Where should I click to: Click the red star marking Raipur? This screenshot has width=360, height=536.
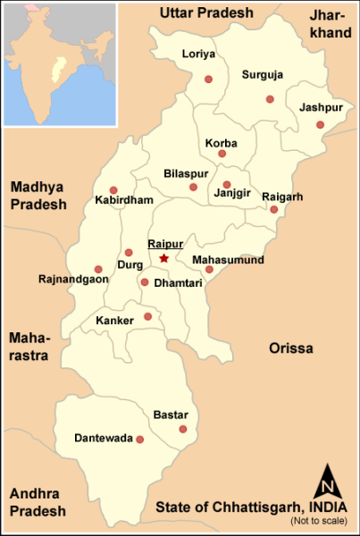[x=163, y=259]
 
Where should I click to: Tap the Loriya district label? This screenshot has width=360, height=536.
[x=198, y=54]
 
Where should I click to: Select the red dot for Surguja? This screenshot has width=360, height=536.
[x=270, y=98]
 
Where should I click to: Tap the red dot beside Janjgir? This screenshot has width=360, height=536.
[x=227, y=185]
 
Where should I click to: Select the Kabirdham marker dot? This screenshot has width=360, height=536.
[x=113, y=189]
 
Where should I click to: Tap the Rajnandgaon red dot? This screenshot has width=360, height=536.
[x=98, y=269]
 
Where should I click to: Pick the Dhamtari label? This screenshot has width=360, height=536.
[x=179, y=283]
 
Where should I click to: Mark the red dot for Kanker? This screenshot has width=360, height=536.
[x=148, y=316]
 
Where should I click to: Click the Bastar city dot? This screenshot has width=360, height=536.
[x=183, y=430]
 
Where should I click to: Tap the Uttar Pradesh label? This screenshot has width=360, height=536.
[x=206, y=13]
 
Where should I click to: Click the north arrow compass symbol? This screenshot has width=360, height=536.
[x=327, y=485]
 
